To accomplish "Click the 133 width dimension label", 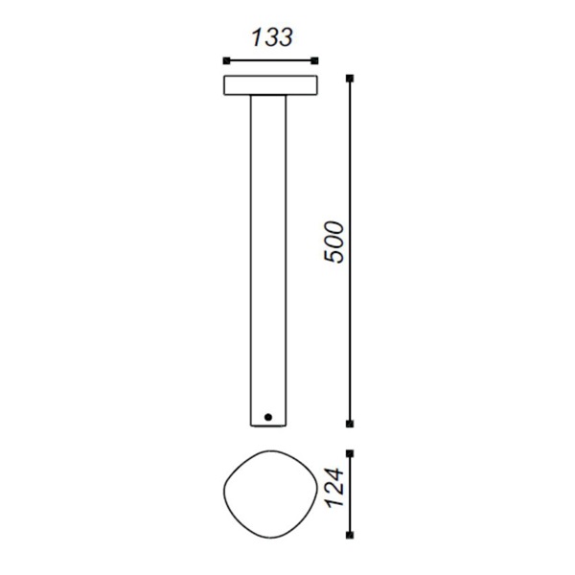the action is (x=272, y=37).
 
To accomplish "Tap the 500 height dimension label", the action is (x=334, y=242).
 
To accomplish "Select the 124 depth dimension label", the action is (x=335, y=488).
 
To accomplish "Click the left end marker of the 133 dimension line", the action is (x=226, y=61).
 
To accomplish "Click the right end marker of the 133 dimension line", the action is (x=314, y=61).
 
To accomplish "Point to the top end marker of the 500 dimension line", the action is (x=350, y=79).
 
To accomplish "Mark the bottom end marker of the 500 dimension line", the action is (x=350, y=424).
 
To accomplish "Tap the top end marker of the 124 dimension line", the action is (x=350, y=454).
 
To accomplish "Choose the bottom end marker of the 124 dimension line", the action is (x=350, y=535).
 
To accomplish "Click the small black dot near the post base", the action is (x=268, y=417).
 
